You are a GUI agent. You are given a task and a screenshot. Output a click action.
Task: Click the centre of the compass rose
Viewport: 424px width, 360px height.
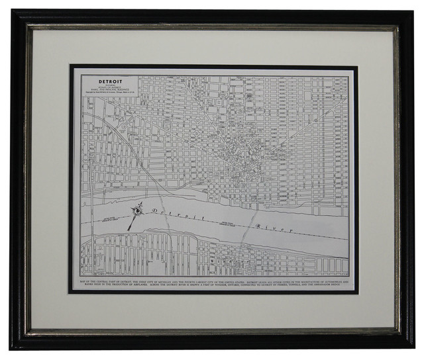(x=137, y=210)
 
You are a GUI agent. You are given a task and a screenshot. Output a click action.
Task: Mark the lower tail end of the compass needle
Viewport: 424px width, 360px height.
(x=130, y=228)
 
